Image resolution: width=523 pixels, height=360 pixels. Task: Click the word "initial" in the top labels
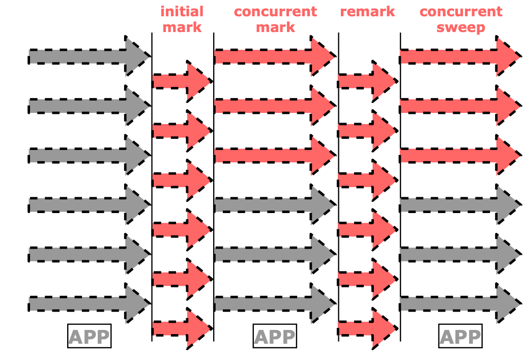coord(182,12)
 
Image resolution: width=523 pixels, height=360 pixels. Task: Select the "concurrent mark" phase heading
coord(275,19)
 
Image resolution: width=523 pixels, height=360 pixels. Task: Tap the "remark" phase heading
coord(367,12)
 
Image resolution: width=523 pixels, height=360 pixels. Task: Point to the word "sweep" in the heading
coord(460,27)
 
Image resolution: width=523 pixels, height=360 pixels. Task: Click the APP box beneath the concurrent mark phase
coord(274,337)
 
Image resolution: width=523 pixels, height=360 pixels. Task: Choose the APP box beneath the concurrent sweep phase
coord(460,337)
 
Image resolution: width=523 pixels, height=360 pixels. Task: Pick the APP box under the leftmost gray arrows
coord(89,337)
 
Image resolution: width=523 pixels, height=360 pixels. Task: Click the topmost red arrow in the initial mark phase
coord(181,81)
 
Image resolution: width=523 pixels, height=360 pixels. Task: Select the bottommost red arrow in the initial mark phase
coord(181,328)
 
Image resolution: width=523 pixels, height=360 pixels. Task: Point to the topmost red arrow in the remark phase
coord(366,81)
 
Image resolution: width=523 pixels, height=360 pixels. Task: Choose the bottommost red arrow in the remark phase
coord(366,328)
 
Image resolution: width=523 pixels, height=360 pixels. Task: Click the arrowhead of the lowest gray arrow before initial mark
coord(137,304)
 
